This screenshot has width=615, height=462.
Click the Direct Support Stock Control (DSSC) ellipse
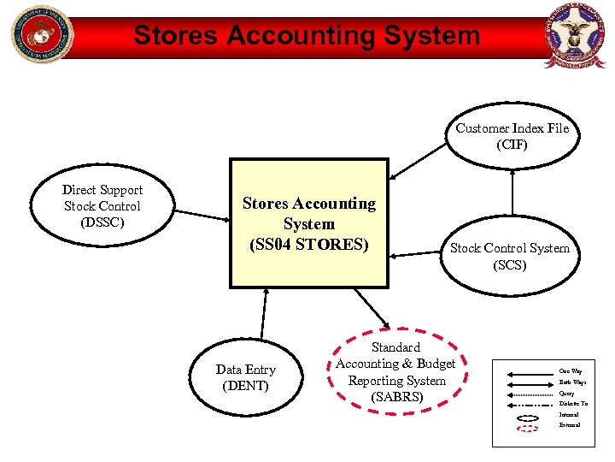[102, 206]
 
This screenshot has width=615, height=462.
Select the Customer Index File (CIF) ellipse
[512, 136]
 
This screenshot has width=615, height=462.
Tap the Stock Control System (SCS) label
[510, 256]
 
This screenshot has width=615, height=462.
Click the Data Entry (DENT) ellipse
[245, 377]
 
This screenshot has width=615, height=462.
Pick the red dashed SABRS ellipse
[395, 372]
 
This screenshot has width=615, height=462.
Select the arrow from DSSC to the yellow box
[202, 207]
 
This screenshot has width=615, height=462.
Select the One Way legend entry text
[571, 370]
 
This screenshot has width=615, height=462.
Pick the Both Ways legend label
[572, 382]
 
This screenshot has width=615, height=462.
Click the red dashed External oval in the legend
[528, 427]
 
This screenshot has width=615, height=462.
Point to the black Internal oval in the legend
[528, 417]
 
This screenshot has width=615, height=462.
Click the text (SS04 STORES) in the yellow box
[309, 244]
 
